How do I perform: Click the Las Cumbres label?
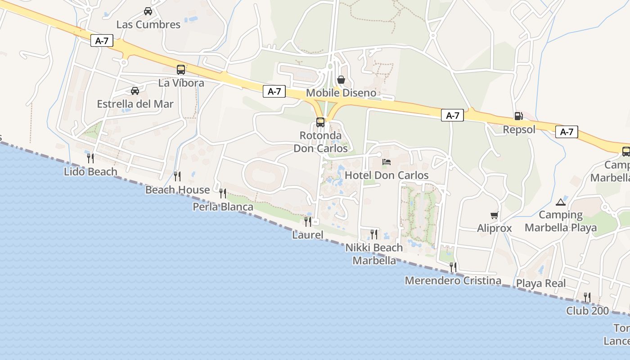click(148, 24)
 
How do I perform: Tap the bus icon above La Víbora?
click(181, 70)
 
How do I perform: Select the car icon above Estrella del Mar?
click(135, 91)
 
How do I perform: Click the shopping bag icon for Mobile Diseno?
click(341, 80)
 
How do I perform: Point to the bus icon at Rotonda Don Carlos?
click(320, 122)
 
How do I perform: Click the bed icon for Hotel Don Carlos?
click(387, 162)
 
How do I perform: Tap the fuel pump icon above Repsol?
click(519, 116)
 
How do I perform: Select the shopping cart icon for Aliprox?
click(494, 216)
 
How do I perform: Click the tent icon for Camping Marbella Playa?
click(560, 202)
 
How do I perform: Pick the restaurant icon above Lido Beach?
click(90, 158)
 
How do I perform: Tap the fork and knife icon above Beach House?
click(177, 176)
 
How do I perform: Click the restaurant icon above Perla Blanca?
click(223, 193)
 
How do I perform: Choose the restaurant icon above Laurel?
click(308, 221)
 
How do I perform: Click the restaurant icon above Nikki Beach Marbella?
click(374, 234)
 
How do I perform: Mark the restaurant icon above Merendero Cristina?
click(453, 267)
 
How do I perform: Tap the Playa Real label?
click(541, 283)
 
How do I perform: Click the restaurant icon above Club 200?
click(587, 297)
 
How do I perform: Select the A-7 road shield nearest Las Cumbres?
click(102, 40)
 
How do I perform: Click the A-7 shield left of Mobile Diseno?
click(274, 91)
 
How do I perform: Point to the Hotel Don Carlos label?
click(387, 175)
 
